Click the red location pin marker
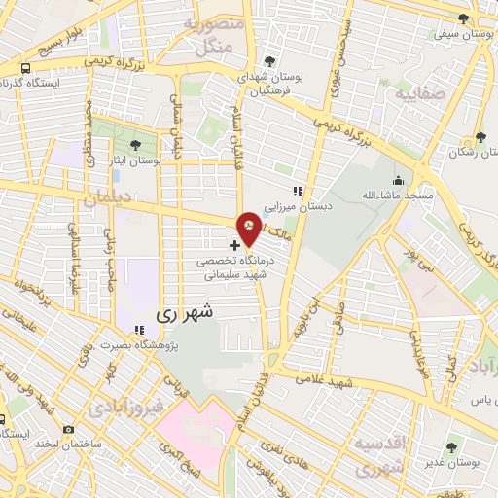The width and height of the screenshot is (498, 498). [x=250, y=228]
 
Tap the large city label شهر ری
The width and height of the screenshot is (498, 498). [x=183, y=314]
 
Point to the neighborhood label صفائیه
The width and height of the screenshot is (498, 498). [x=420, y=95]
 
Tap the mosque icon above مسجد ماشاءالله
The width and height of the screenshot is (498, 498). [x=397, y=180]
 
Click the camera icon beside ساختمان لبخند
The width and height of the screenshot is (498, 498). [x=68, y=429]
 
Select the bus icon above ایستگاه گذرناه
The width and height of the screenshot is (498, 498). [x=23, y=69]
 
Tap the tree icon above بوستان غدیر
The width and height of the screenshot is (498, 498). [x=451, y=446]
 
